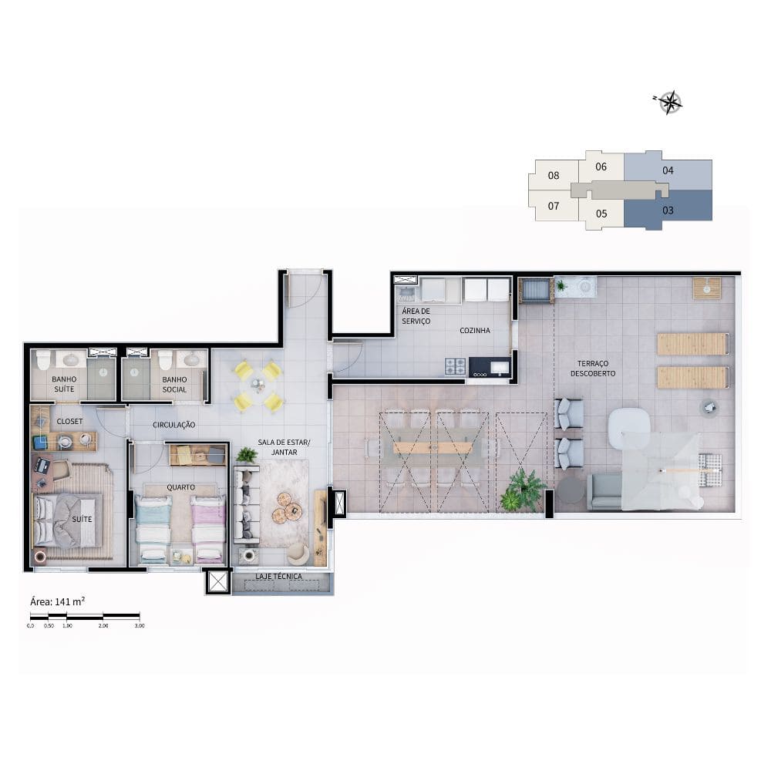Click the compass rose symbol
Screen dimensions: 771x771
click(669, 103)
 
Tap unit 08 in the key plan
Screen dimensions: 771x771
click(554, 176)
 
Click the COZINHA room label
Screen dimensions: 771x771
click(474, 331)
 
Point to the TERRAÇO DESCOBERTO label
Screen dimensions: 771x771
click(593, 369)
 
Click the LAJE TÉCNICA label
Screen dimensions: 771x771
click(279, 576)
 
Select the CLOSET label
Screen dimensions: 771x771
click(70, 422)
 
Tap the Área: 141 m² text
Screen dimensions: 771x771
click(58, 601)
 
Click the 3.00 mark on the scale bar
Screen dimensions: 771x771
click(140, 625)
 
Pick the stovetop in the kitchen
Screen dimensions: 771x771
click(456, 366)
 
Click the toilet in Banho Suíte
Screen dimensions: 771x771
click(43, 360)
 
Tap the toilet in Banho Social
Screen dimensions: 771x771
click(164, 360)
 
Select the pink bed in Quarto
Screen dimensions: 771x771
click(208, 529)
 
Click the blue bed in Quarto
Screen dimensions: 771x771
click(153, 529)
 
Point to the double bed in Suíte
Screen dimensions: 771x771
click(66, 520)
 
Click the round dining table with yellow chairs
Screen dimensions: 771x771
click(258, 385)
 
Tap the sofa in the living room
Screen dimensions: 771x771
click(247, 504)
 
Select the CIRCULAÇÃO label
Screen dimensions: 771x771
click(174, 425)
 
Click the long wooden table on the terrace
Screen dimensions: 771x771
click(433, 448)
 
